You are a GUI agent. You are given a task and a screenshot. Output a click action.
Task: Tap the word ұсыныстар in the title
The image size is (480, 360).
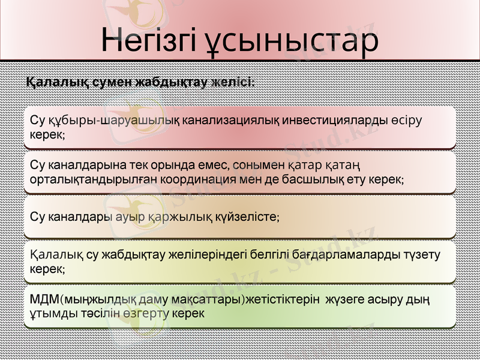click(296, 40)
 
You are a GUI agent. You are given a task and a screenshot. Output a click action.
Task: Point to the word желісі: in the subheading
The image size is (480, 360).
click(232, 82)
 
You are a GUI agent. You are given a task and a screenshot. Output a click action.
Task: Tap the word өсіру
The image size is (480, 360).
click(406, 120)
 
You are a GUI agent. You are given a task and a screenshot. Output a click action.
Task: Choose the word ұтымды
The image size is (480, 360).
click(50, 313)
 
